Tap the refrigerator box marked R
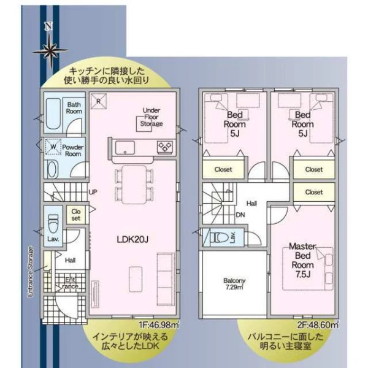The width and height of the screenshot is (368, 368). click(x=99, y=101)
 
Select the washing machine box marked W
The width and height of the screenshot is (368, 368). click(x=53, y=147)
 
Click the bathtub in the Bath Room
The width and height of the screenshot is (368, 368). click(x=53, y=113)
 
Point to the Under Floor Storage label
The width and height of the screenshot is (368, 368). click(x=151, y=117)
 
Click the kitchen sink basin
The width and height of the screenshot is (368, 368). click(x=125, y=148)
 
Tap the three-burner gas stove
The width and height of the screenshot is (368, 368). click(x=165, y=147)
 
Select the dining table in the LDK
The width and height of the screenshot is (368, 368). click(x=134, y=185)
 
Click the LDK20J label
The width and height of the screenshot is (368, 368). click(x=132, y=240)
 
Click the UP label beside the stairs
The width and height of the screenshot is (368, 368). click(x=93, y=192)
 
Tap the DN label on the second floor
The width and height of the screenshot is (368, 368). click(x=240, y=215)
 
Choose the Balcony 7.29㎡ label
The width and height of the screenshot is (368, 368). click(x=234, y=283)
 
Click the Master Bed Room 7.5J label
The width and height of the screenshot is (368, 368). click(x=303, y=260)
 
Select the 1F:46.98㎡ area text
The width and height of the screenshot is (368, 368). click(x=159, y=325)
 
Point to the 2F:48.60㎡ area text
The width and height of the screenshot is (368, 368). click(x=318, y=325)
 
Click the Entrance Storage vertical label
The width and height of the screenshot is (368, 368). click(x=30, y=271)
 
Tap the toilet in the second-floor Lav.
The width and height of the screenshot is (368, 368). click(x=219, y=237)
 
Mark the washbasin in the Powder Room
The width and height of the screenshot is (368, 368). click(x=52, y=169)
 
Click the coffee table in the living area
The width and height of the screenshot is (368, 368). click(x=136, y=279)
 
